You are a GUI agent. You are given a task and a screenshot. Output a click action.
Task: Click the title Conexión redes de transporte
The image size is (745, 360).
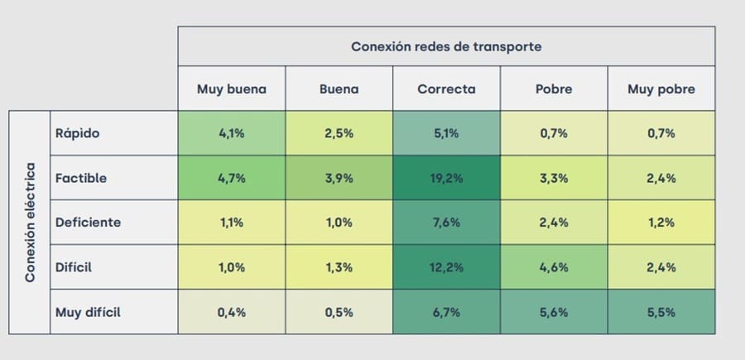[x=446, y=46]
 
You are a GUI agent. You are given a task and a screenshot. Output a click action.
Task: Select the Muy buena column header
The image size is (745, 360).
[x=231, y=89]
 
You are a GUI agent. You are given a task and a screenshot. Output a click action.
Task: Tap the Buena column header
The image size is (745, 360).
[x=339, y=89]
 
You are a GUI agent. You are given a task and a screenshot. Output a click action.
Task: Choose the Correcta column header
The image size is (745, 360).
[x=446, y=89]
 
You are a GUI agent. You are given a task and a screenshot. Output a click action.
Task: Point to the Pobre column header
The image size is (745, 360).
[x=554, y=89]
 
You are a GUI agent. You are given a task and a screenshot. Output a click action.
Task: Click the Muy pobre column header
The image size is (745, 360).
[x=661, y=89]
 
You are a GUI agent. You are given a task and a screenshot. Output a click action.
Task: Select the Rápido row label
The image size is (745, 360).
[x=77, y=133]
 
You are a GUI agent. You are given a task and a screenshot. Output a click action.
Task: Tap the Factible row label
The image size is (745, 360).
[x=81, y=178]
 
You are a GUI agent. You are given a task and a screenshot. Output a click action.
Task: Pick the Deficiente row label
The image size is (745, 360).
[x=88, y=223]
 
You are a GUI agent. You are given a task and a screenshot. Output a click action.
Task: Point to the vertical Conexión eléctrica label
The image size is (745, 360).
[x=30, y=223]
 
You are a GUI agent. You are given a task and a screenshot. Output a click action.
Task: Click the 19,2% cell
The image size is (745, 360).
[x=446, y=178]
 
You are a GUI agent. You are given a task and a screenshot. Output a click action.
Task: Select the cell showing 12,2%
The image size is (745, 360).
[x=446, y=267]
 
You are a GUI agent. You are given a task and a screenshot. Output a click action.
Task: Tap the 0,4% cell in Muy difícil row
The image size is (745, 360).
[x=231, y=312]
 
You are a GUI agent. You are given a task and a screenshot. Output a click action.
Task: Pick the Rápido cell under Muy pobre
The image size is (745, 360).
[x=661, y=133]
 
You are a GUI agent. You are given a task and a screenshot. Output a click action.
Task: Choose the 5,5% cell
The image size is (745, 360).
[x=661, y=312]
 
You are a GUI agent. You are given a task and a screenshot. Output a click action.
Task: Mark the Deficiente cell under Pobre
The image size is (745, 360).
[x=554, y=223]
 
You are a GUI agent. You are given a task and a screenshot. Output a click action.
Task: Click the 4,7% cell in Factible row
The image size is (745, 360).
[x=231, y=178]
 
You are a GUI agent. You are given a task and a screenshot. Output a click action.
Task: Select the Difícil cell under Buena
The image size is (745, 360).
[x=339, y=267]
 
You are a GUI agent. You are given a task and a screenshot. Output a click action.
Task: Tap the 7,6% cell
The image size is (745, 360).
[x=446, y=223]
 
